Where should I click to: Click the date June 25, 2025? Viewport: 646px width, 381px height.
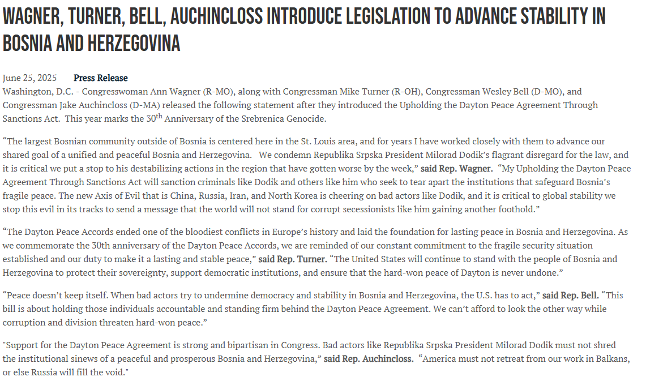(29, 78)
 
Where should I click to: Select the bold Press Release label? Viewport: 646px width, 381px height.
(101, 78)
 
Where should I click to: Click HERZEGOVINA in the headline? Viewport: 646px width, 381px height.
(134, 43)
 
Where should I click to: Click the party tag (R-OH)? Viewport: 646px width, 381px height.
(384, 92)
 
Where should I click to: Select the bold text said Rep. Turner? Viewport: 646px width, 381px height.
(293, 259)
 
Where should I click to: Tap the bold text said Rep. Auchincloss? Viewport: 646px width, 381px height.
(369, 359)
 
